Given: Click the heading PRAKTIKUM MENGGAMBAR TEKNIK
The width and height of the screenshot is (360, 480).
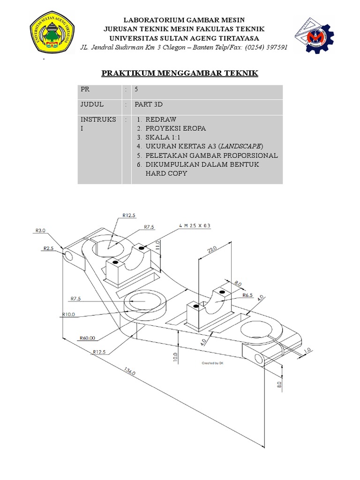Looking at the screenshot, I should click(x=180, y=74).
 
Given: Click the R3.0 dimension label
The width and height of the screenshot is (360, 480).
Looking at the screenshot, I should click(x=40, y=230).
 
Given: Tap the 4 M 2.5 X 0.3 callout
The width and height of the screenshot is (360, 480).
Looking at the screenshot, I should click(x=195, y=225).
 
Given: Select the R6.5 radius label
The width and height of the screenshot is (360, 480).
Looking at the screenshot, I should click(x=248, y=295).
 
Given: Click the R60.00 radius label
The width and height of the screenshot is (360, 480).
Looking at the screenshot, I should click(x=87, y=337).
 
